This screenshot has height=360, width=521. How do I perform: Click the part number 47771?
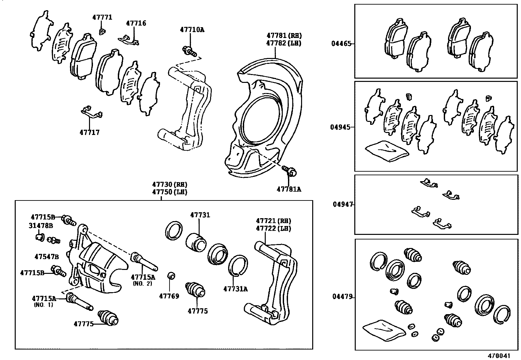[x=102, y=17]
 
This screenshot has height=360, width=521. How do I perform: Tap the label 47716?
[x=136, y=23]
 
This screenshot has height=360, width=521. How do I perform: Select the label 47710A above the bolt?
[x=192, y=30]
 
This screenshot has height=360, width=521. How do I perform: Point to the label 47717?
[x=89, y=133]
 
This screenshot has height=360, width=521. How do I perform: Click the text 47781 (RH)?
[x=284, y=35]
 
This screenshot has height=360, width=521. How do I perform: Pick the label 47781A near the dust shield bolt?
[x=289, y=189]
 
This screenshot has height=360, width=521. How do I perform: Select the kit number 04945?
[x=340, y=127]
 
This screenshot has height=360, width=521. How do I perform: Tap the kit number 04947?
[x=343, y=204]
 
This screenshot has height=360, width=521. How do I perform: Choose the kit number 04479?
[x=342, y=297]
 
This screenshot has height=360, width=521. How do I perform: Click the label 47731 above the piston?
[x=200, y=215]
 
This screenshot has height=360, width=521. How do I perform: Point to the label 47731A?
[x=235, y=289]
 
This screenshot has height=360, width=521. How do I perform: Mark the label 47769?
[x=169, y=296]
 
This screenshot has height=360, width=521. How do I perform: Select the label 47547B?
[x=46, y=256]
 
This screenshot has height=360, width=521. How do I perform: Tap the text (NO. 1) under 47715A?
[x=44, y=305]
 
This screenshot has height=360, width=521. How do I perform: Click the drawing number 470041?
[x=499, y=355]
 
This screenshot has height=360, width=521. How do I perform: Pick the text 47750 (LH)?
[x=169, y=192]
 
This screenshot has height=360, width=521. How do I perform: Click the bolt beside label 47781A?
[x=290, y=170]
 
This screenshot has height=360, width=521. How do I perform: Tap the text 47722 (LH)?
[x=273, y=228]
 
